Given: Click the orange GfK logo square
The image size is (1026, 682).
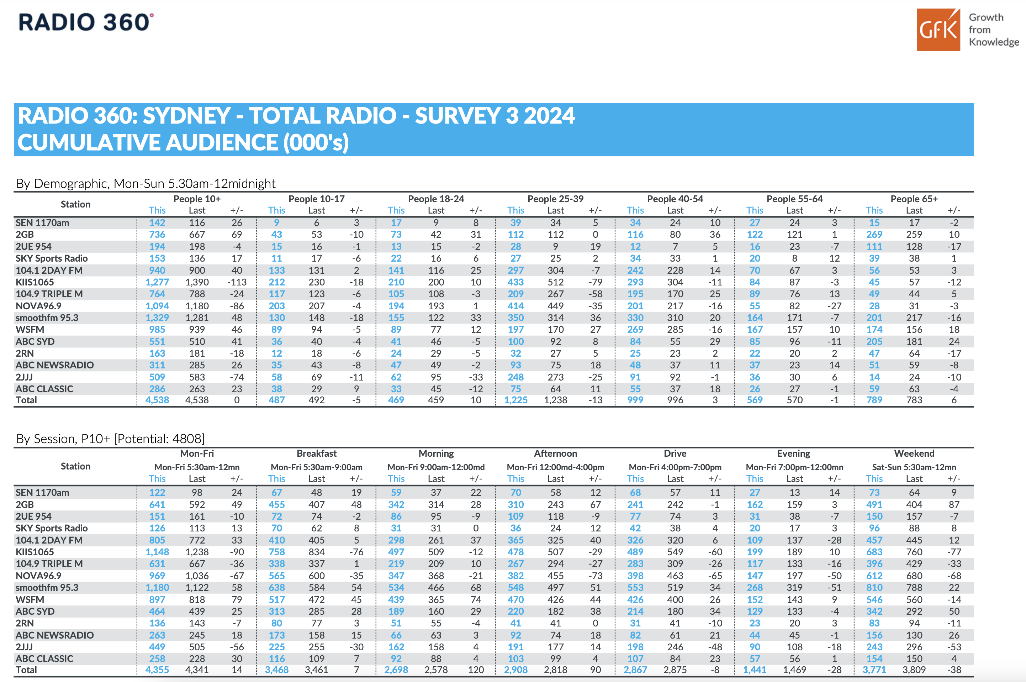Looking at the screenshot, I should coord(938,30).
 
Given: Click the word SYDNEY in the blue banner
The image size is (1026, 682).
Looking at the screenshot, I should coord(186,116).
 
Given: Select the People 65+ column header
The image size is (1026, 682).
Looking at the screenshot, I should coord(914,199).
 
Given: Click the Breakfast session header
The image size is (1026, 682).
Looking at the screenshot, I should coord(317,453).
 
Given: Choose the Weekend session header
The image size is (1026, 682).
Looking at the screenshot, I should coord(914,453).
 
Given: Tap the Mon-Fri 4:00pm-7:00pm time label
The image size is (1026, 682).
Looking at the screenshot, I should coord(675,467).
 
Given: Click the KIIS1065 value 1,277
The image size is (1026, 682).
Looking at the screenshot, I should coord(157,282).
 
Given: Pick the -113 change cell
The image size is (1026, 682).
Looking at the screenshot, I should coord(237,282).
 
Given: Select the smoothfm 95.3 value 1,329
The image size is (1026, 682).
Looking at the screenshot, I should coord(157,318).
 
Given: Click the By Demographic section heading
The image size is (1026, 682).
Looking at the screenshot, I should coord(146,184).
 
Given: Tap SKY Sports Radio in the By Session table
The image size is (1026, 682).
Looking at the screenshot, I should coord(52,528).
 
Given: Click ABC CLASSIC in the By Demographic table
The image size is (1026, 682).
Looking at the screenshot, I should coord(44,389).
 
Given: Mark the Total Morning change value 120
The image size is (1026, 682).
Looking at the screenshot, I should coord(476,670).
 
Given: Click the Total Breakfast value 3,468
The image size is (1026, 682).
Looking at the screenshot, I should coord(276,670).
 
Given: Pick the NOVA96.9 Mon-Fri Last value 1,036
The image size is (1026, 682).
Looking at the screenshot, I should coord(197,576).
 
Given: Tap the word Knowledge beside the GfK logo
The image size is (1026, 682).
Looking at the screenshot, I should coord(994,42).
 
